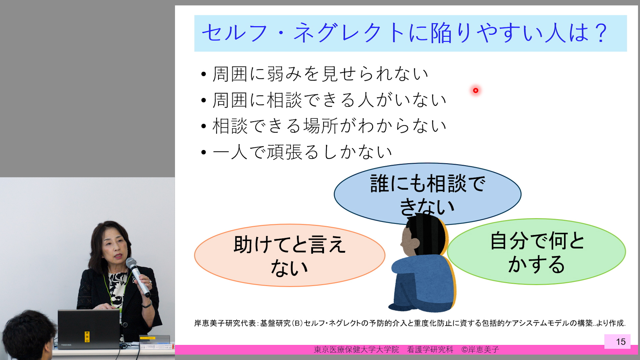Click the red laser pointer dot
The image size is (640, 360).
[x=476, y=90]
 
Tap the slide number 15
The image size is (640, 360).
[x=621, y=342]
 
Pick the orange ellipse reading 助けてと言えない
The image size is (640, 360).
[x=290, y=255]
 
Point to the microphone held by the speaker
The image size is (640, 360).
[x=138, y=277]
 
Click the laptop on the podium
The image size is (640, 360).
[x=88, y=329]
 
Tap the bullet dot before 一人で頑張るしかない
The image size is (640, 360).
[x=204, y=153]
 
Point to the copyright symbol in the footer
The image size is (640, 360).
[x=465, y=350]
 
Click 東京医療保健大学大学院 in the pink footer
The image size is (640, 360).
[x=356, y=350]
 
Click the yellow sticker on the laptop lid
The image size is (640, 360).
[x=87, y=337]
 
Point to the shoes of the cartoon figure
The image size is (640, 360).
[x=400, y=307]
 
